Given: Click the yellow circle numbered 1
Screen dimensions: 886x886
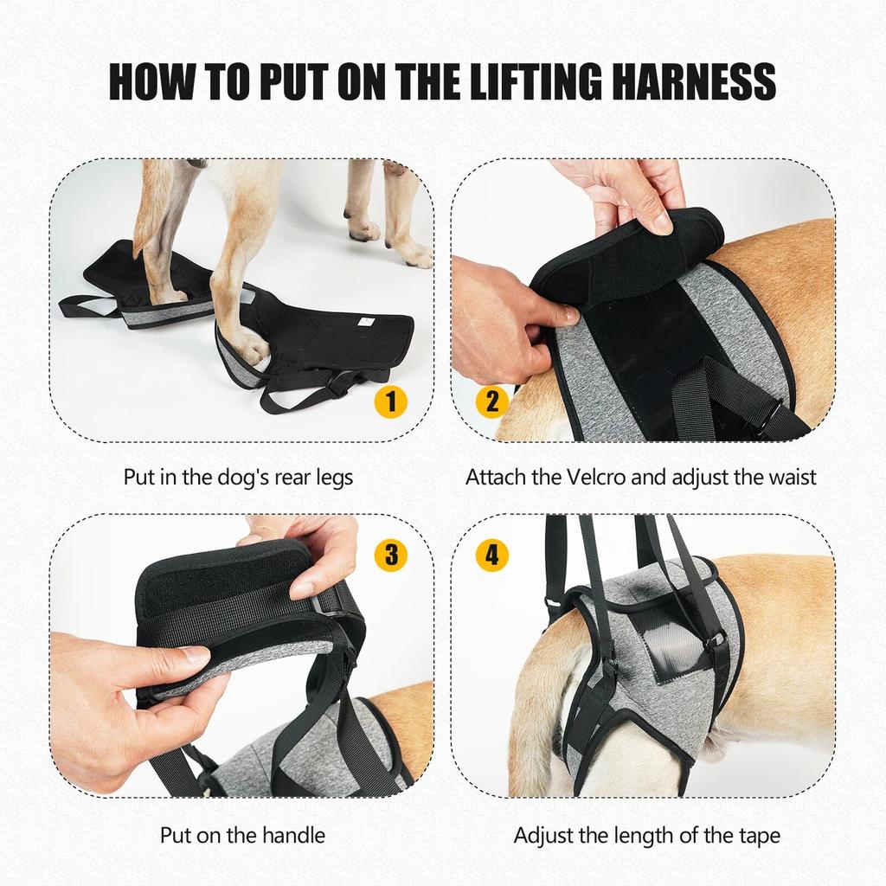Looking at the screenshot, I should pos(391,401).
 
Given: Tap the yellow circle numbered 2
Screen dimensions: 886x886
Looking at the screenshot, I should pos(492,401).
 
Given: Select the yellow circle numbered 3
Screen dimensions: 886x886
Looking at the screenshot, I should pos(391,555).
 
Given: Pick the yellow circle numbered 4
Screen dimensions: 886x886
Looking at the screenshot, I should pos(492,555).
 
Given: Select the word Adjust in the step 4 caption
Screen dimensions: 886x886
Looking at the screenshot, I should pos(544,835).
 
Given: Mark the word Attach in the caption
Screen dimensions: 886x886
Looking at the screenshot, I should pos(495,477).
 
